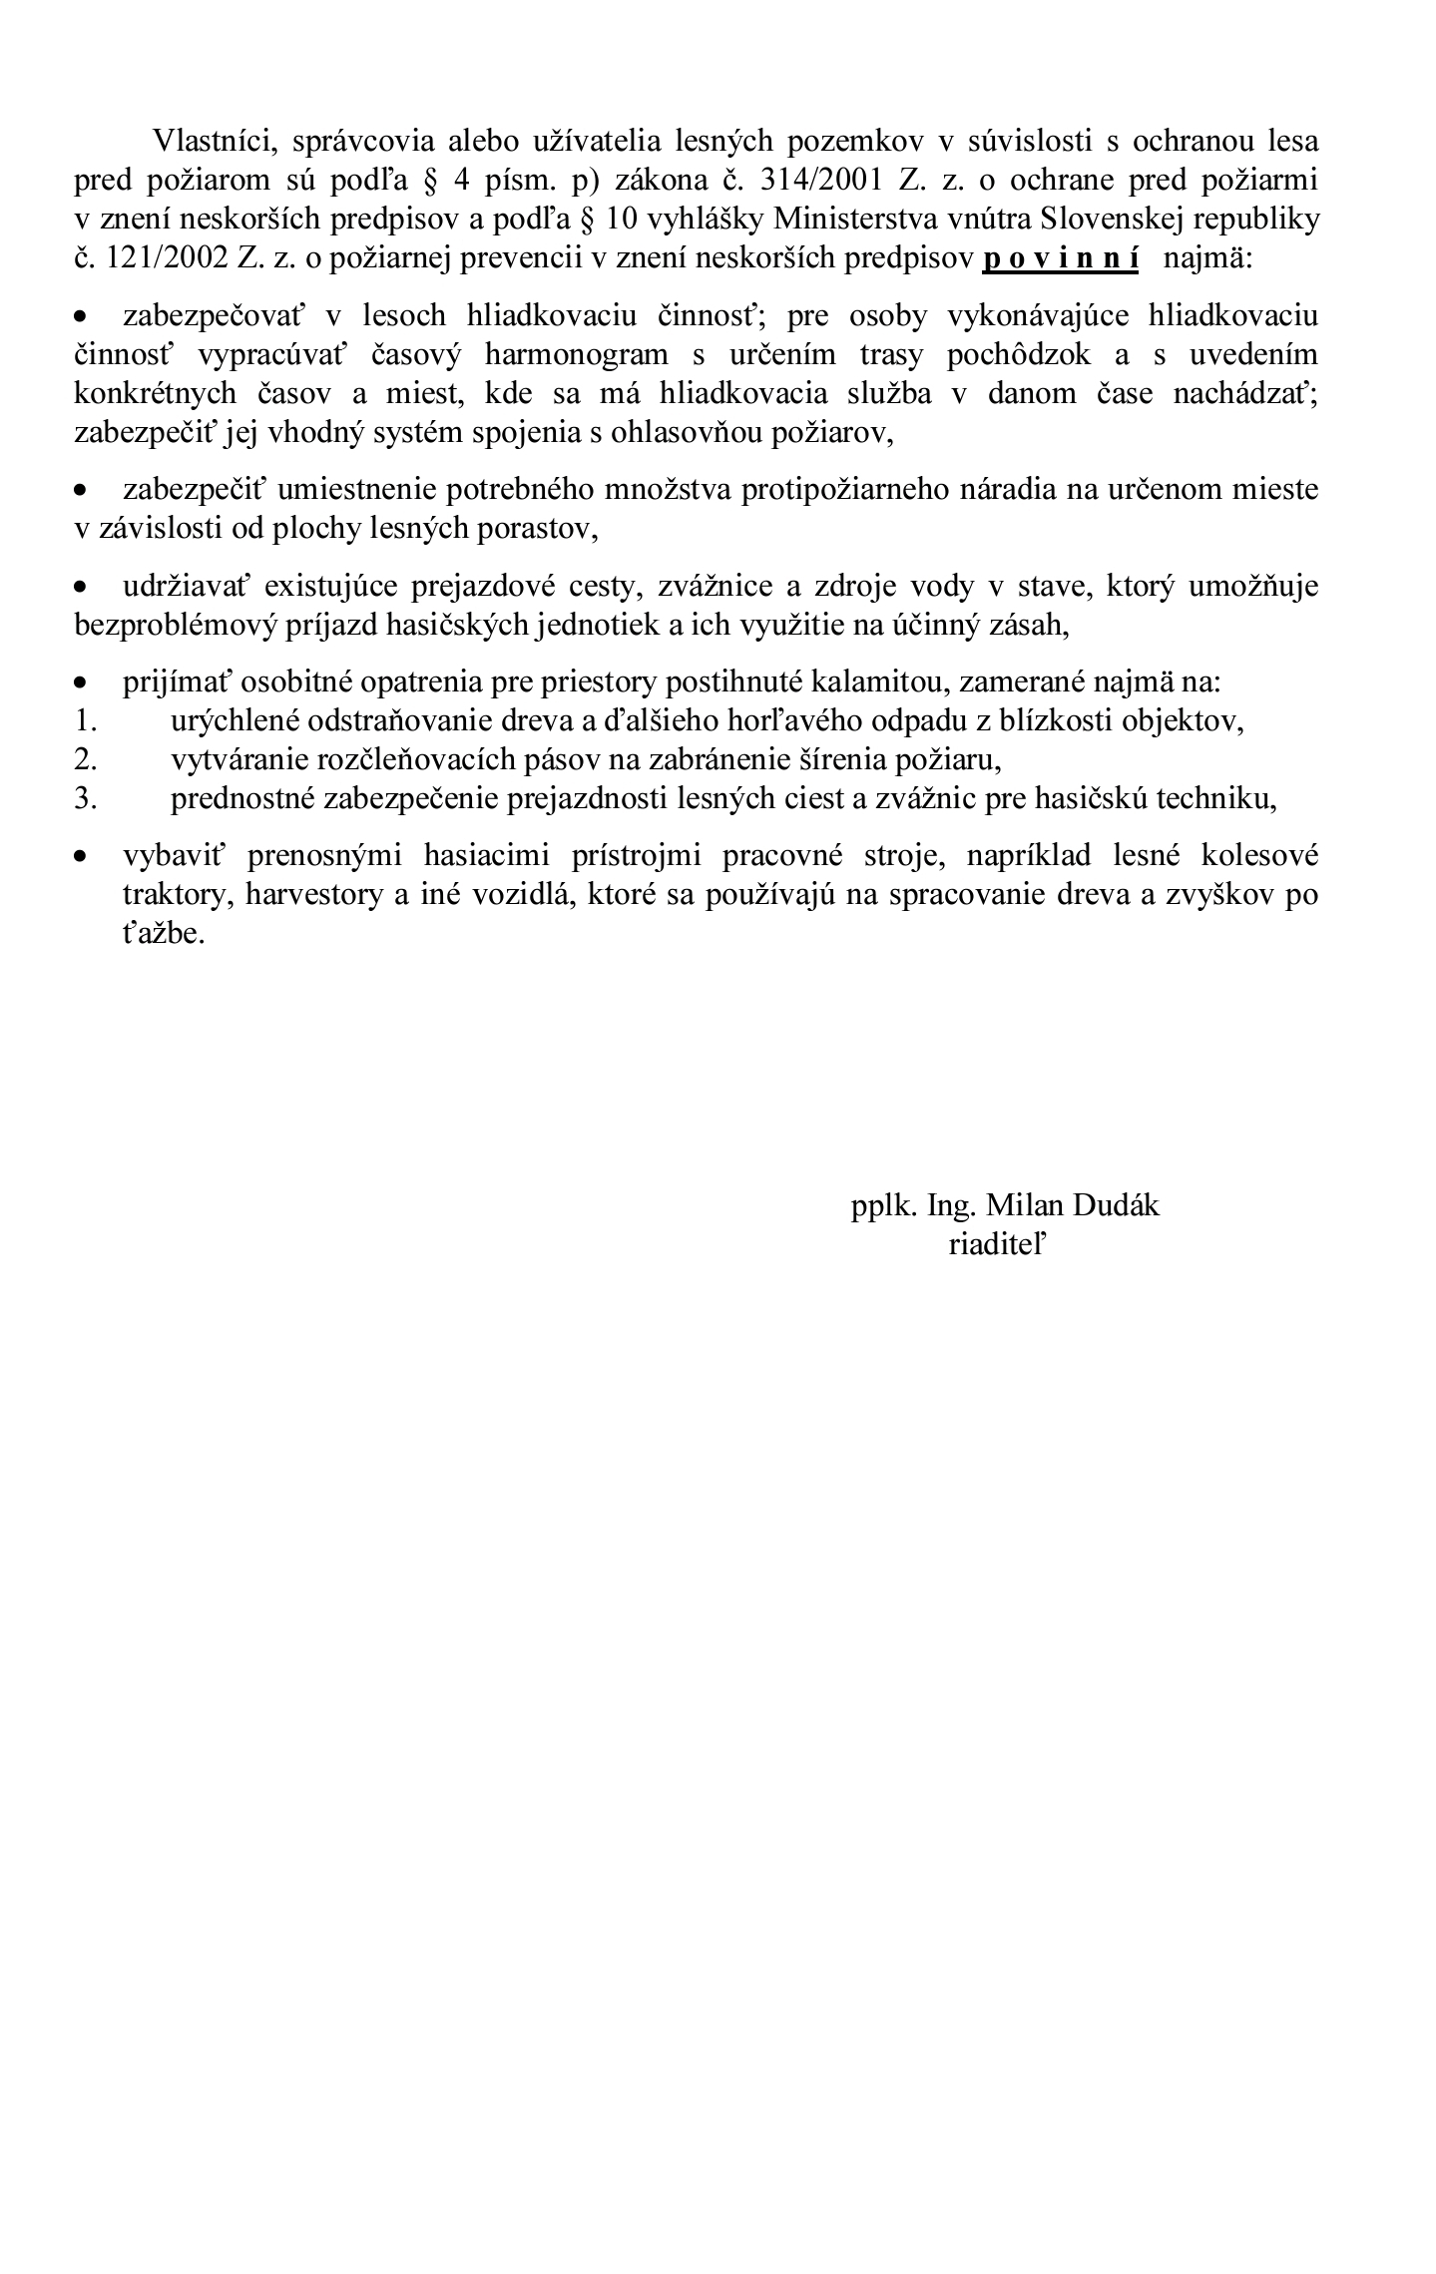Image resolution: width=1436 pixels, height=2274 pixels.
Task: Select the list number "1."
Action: coord(85,721)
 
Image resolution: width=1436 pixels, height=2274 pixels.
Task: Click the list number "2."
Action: coord(85,760)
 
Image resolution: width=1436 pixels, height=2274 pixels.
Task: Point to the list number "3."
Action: coord(85,799)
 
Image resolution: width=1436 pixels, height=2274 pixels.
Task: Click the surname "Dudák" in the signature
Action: coord(1116,1206)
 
